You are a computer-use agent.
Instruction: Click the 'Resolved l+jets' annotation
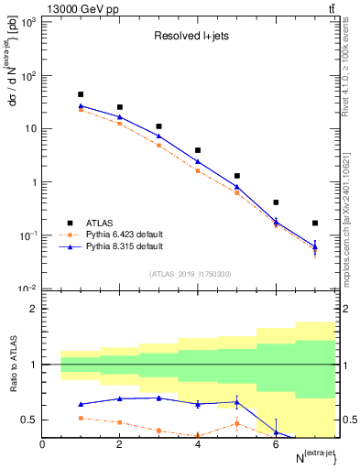190,38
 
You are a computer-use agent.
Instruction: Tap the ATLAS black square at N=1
82,94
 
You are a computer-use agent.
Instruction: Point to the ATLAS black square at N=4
198,150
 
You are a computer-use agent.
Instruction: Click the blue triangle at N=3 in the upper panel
159,136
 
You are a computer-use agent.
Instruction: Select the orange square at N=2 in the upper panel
120,124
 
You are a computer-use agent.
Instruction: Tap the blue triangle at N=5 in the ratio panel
237,401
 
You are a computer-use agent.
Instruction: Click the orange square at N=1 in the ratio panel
82,418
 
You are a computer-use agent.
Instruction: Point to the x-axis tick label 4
198,444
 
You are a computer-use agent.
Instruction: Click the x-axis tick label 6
276,444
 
